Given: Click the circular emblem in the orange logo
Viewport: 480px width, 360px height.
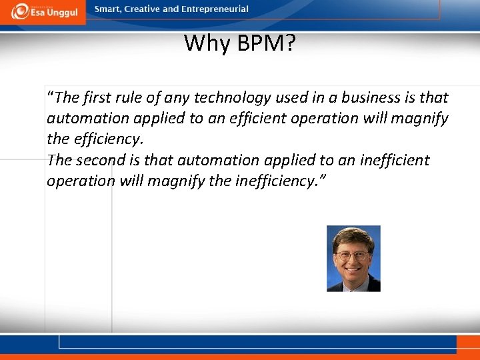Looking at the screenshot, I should click(x=21, y=11).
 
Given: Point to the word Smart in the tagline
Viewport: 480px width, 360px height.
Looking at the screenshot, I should click(x=107, y=9).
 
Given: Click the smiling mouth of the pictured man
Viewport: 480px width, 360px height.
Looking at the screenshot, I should click(x=352, y=268).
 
